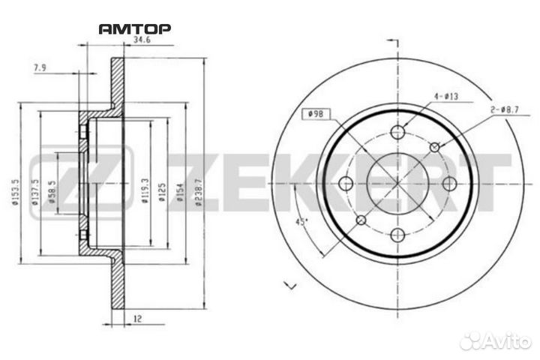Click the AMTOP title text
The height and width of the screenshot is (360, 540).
pos(135,29)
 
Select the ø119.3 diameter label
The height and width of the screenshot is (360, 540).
pos(142,187)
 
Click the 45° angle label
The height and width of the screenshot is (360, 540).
pos(303,222)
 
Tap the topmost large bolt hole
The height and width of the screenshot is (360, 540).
pos(397,132)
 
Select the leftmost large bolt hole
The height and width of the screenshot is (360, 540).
pos(346,184)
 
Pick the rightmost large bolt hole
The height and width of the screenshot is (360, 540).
pos(448,184)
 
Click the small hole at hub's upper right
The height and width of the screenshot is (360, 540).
pos(433,148)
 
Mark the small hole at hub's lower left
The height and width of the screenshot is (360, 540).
pos(361,220)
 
